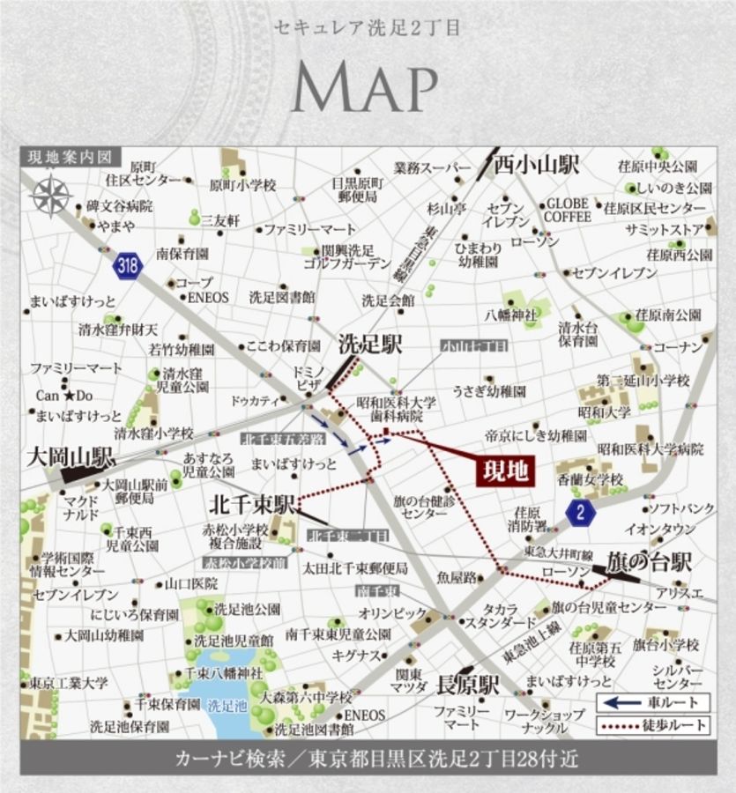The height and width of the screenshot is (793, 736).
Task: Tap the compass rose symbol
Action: click(53, 196)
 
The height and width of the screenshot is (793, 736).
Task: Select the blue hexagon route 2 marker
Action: click(580, 513)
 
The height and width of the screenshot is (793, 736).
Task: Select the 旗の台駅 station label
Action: click(648, 562)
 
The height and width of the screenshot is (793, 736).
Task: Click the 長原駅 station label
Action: click(468, 683)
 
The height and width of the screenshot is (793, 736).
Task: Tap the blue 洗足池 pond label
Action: click(227, 705)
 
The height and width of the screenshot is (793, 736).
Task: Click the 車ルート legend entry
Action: click(652, 702)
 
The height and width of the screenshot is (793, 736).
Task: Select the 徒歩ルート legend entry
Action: click(652, 725)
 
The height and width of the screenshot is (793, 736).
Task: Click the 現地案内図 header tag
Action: click(70, 157)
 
